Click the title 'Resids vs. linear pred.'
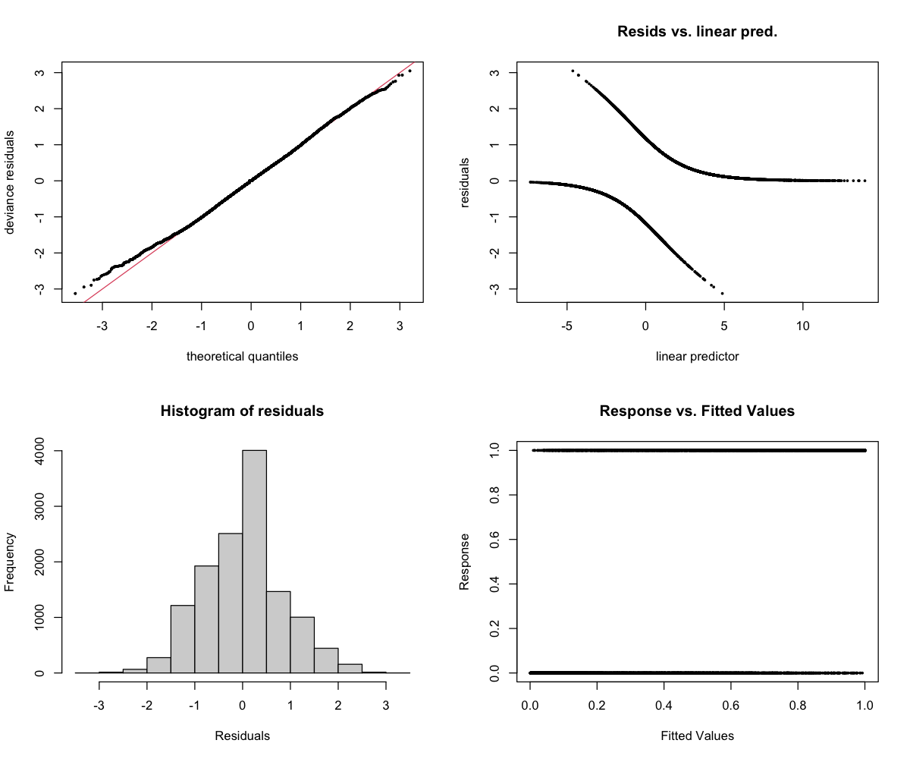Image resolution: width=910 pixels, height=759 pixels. [697, 32]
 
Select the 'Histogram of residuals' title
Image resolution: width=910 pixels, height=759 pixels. [242, 411]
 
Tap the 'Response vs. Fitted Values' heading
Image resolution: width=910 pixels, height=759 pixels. [697, 411]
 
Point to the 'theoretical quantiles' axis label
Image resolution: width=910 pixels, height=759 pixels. [242, 357]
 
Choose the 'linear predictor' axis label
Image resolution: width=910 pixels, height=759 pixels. [697, 357]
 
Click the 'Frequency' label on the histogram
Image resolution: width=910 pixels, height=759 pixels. [11, 562]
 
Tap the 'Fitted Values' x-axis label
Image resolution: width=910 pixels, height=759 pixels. [697, 735]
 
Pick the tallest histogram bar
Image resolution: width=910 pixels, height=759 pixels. [254, 562]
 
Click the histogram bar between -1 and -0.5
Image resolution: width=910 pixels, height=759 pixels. [206, 619]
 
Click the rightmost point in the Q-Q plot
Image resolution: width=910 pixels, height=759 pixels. [409, 71]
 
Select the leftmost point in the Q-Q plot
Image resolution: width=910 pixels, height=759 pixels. [75, 293]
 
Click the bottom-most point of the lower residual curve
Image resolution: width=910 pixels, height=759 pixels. [723, 293]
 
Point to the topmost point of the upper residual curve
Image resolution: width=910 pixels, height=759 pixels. [573, 71]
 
